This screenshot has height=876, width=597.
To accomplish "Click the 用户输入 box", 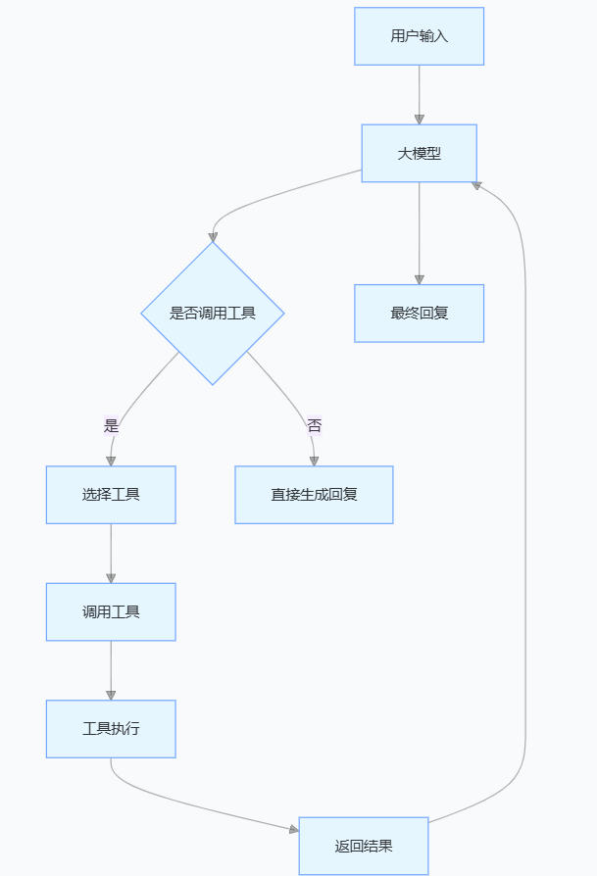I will click(x=419, y=36).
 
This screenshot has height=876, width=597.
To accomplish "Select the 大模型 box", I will click(x=419, y=153).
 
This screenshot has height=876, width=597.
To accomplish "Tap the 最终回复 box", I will click(x=419, y=314).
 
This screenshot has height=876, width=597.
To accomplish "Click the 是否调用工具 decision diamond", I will click(x=213, y=314).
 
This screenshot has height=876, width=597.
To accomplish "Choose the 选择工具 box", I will click(x=111, y=495).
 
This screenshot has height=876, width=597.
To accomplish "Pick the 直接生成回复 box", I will click(x=314, y=495).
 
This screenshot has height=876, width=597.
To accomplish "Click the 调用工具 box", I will click(x=111, y=612).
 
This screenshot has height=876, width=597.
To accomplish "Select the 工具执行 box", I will click(x=111, y=729).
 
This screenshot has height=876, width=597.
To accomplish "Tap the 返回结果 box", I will click(x=364, y=846).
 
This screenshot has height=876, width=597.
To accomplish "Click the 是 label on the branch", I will click(x=111, y=426).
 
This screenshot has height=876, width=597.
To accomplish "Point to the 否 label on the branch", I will click(x=314, y=426).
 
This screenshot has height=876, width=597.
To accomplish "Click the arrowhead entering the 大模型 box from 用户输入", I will click(x=419, y=120).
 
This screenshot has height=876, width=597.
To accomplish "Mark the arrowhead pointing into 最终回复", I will click(x=419, y=279).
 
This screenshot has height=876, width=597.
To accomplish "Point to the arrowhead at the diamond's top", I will click(x=213, y=237).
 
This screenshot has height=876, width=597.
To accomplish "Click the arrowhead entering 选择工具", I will click(x=111, y=461).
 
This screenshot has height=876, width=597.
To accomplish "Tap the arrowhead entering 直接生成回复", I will click(x=314, y=461).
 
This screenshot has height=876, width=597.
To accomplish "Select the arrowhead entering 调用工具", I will click(x=111, y=578).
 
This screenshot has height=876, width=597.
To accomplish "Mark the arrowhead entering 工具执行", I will click(x=111, y=695).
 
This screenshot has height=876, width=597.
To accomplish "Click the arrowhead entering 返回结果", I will click(x=293, y=829).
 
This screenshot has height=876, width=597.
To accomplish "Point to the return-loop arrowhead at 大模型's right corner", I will click(x=476, y=183).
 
